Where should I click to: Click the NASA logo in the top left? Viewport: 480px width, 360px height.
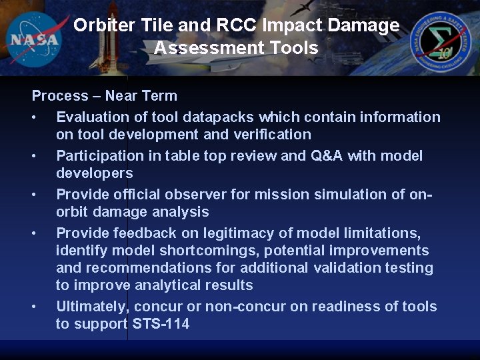pyautogui.click(x=34, y=38)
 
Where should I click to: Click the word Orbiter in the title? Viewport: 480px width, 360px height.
pyautogui.click(x=105, y=25)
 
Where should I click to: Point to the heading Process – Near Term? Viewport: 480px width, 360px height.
pyautogui.click(x=105, y=96)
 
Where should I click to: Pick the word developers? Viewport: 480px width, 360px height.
pyautogui.click(x=95, y=173)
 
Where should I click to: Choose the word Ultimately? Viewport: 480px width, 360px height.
pyautogui.click(x=93, y=307)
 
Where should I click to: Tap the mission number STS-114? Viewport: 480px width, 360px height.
pyautogui.click(x=161, y=324)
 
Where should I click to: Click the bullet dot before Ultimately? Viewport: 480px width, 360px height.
pyautogui.click(x=34, y=307)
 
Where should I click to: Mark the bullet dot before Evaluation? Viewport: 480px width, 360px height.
pyautogui.click(x=34, y=117)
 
